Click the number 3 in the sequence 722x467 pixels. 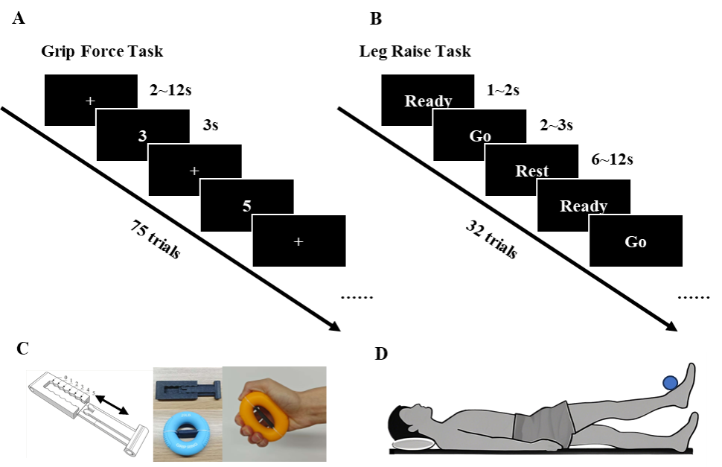coord(142,136)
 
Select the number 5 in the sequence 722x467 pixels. coord(246,206)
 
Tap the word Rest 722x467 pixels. coord(531,171)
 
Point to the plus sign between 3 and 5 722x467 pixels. coord(194,171)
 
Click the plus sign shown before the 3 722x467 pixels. coord(90,101)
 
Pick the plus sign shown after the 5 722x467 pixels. coord(298,241)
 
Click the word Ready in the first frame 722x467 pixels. coord(428,101)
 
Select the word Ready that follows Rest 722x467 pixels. coord(584,206)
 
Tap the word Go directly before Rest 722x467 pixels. coord(480,136)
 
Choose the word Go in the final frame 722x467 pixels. coord(636,242)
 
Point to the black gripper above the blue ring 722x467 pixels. coord(187,388)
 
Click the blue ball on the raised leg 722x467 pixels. coord(670,383)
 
